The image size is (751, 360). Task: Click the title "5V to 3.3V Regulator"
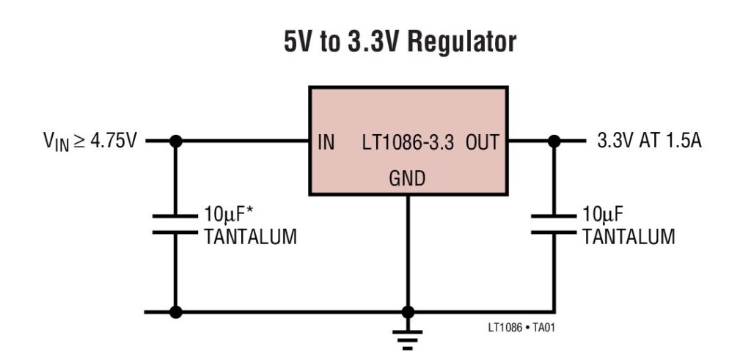coord(400,43)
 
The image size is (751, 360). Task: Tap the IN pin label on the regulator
coord(326,142)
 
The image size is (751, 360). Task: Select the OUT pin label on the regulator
coord(481,142)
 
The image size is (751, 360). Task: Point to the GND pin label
coord(407,177)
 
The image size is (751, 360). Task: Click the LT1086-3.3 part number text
coord(408,142)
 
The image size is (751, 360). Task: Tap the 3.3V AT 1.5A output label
coord(649,142)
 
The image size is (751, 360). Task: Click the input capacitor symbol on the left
coord(175,224)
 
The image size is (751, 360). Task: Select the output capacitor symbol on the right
coord(554,224)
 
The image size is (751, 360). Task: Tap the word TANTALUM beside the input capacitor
coord(250,236)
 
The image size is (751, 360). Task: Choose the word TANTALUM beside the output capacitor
coord(629,236)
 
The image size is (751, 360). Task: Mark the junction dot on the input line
coord(175,142)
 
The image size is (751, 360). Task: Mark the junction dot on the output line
coord(554,142)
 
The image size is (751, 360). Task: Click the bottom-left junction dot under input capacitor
coord(175,312)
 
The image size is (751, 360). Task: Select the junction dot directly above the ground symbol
coord(408,312)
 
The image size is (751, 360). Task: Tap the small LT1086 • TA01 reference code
coord(526,327)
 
